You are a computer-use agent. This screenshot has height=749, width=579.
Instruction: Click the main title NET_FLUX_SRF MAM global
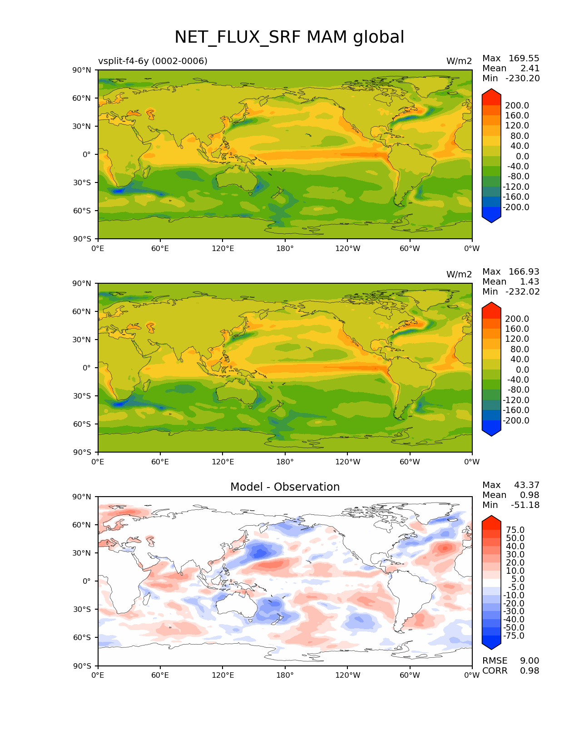point(289,37)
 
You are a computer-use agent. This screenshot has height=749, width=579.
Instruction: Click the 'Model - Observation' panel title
point(285,487)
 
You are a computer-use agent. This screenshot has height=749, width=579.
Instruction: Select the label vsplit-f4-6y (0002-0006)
point(153,61)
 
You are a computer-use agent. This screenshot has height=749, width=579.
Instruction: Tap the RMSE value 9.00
point(530,661)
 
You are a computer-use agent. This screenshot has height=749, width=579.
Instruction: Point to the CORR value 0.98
point(530,671)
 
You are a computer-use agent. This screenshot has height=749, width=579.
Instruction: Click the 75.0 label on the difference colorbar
point(515,530)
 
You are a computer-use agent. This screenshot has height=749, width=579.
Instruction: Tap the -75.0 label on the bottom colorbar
point(514,636)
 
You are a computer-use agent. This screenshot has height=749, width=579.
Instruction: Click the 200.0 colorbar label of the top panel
point(517,106)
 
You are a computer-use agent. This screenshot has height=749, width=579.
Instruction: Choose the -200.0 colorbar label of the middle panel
point(516,421)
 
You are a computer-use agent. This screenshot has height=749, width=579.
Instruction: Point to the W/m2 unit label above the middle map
point(459,275)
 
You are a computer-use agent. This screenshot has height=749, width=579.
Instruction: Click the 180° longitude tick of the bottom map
point(285,675)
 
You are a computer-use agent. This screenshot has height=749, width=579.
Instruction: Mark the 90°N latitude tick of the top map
point(82,70)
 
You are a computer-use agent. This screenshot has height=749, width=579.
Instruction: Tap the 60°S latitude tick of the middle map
point(82,424)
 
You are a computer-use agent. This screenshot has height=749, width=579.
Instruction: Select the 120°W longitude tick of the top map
point(347,249)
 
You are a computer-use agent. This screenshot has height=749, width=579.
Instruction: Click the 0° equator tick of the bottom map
point(87,581)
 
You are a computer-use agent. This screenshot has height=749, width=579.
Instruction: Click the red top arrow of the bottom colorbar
point(491,522)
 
